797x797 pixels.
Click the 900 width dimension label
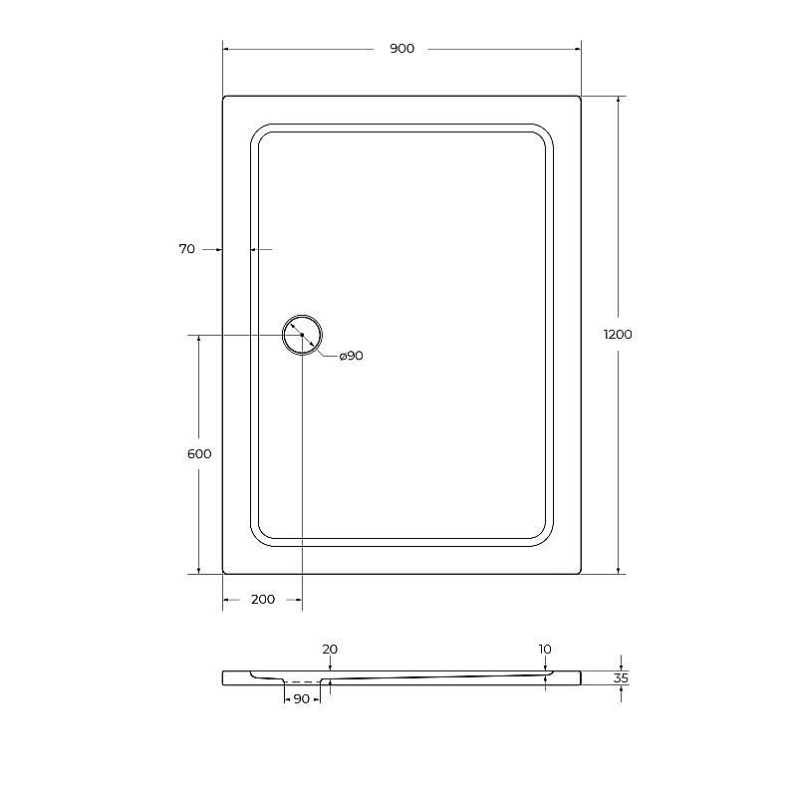pyautogui.click(x=401, y=49)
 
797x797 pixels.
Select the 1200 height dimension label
pyautogui.click(x=618, y=335)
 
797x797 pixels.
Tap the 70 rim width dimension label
pyautogui.click(x=186, y=249)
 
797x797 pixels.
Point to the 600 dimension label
pyautogui.click(x=199, y=453)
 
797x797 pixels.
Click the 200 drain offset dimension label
pyautogui.click(x=262, y=599)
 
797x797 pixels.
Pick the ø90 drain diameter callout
pyautogui.click(x=351, y=356)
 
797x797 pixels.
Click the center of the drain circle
pyautogui.click(x=302, y=335)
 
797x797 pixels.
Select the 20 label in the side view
pyautogui.click(x=330, y=649)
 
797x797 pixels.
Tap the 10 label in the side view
pyautogui.click(x=545, y=649)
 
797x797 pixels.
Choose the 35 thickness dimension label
pyautogui.click(x=622, y=678)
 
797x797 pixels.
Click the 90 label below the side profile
pyautogui.click(x=301, y=699)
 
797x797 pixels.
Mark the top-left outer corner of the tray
pyautogui.click(x=224, y=97)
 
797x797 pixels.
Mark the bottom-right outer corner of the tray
pyautogui.click(x=580, y=573)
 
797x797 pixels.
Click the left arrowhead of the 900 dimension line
pyautogui.click(x=226, y=49)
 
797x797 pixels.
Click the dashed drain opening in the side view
pyautogui.click(x=302, y=682)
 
